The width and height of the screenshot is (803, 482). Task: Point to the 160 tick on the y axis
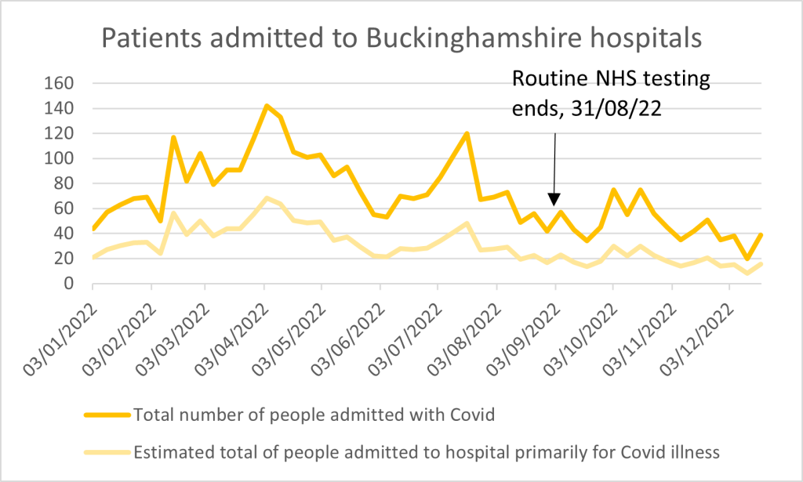click(61, 83)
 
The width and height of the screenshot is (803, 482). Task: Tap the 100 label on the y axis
click(61, 158)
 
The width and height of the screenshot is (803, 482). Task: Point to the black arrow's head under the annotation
click(554, 201)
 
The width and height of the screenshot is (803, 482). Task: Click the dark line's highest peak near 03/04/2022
click(267, 106)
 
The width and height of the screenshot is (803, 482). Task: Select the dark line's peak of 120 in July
click(467, 133)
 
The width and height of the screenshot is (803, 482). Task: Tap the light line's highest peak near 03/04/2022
click(267, 198)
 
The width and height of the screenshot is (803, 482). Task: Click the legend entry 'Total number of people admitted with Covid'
click(314, 415)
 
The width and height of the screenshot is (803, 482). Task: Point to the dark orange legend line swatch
click(106, 415)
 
